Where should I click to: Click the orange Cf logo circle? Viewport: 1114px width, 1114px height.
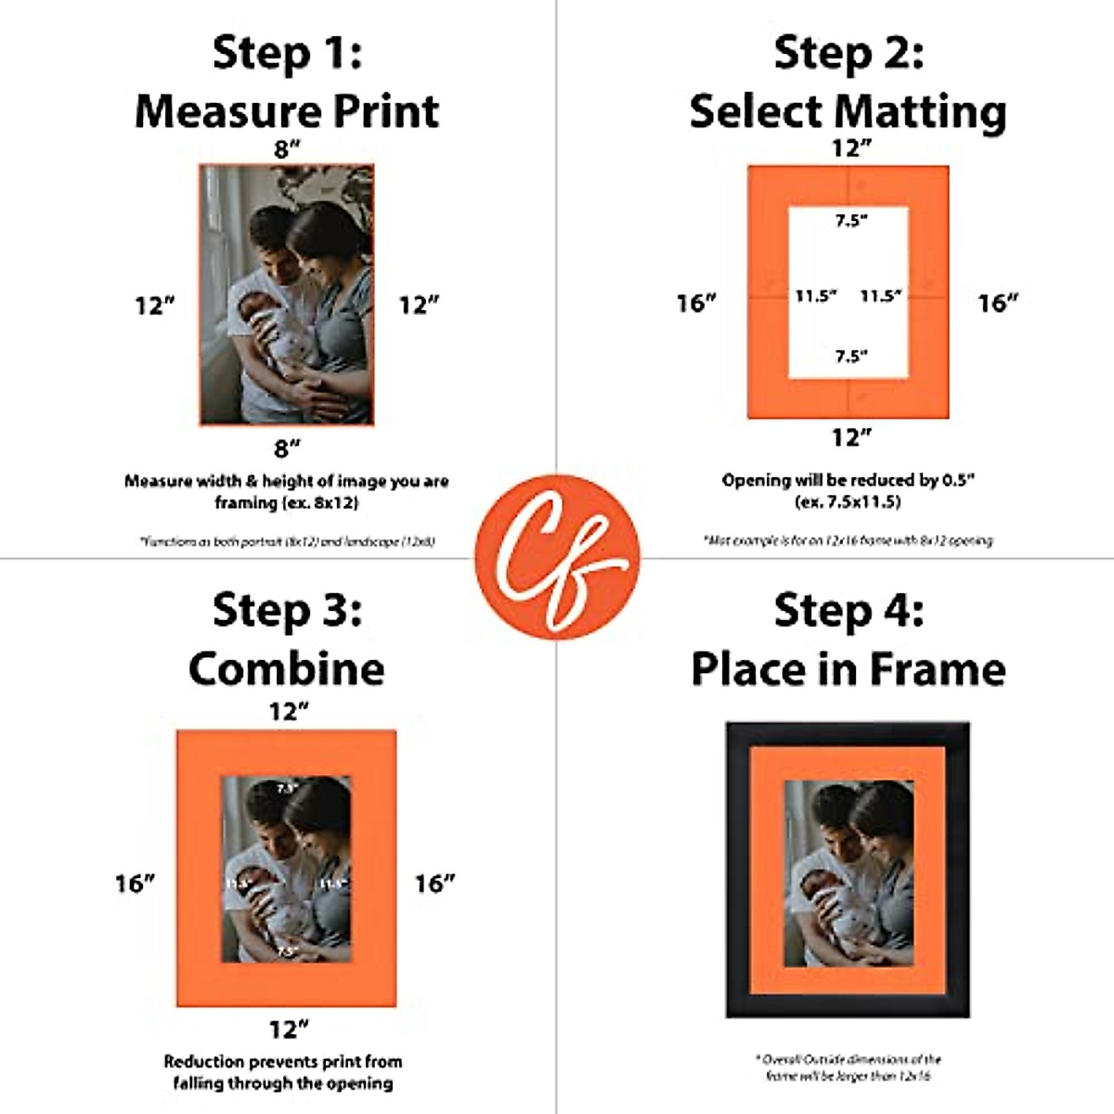557,557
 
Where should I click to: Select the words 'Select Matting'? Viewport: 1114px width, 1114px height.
848,111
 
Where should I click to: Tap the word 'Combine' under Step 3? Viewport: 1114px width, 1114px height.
287,668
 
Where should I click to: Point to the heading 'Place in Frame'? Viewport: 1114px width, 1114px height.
848,668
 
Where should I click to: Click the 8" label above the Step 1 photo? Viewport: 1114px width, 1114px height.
287,149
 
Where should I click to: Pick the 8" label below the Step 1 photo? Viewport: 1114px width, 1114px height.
287,448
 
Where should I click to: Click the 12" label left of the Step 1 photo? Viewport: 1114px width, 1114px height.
155,305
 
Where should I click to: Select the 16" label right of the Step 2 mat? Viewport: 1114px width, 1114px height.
998,303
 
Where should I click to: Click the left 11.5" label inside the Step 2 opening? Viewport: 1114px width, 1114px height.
815,296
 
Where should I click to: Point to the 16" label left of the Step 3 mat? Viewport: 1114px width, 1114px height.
135,883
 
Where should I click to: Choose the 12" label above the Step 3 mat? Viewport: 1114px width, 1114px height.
288,711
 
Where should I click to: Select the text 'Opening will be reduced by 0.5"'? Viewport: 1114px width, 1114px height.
848,481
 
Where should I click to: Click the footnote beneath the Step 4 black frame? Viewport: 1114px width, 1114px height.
848,1067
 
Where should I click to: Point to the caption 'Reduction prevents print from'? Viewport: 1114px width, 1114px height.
283,1061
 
